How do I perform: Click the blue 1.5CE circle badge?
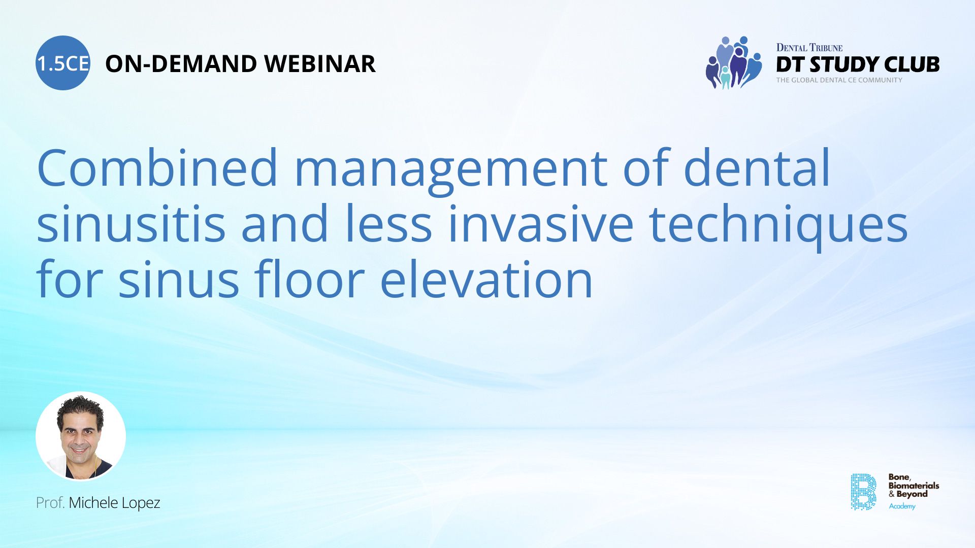(x=62, y=63)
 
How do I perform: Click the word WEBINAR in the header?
(x=319, y=64)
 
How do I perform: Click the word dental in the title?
(x=757, y=167)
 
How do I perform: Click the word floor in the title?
(x=309, y=279)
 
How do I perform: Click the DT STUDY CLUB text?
(x=858, y=64)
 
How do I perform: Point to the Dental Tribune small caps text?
(x=809, y=48)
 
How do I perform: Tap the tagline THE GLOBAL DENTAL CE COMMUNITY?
(x=839, y=80)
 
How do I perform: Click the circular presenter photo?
(x=81, y=436)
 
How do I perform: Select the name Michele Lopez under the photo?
(x=114, y=503)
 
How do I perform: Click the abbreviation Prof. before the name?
(x=50, y=503)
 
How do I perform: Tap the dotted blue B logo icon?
(x=863, y=491)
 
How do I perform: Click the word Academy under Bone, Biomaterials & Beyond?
(x=902, y=506)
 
